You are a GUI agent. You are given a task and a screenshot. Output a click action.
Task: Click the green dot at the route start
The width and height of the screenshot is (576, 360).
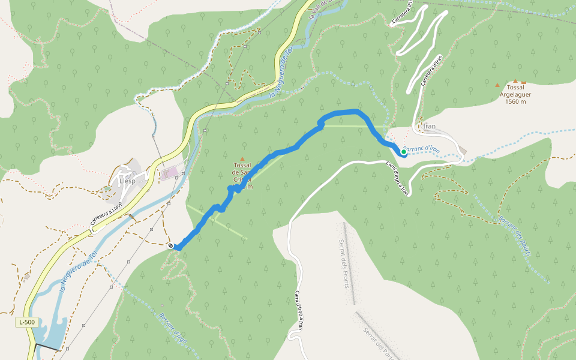tap(404, 152)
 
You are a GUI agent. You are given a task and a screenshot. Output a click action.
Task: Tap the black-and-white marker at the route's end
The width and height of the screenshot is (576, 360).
tap(171, 245)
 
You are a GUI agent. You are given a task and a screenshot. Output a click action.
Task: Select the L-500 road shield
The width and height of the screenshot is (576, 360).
tap(26, 322)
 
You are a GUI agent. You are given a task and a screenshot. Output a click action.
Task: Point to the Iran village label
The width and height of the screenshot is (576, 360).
tap(429, 127)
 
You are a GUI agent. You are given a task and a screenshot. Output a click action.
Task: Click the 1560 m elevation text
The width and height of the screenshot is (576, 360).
tap(515, 101)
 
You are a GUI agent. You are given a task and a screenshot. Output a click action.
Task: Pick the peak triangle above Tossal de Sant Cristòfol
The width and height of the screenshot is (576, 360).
tap(242, 159)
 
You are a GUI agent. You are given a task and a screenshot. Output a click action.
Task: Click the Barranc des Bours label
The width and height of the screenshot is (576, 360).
tap(515, 237)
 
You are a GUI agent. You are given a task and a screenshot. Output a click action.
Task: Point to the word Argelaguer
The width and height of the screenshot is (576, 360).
tap(515, 94)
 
